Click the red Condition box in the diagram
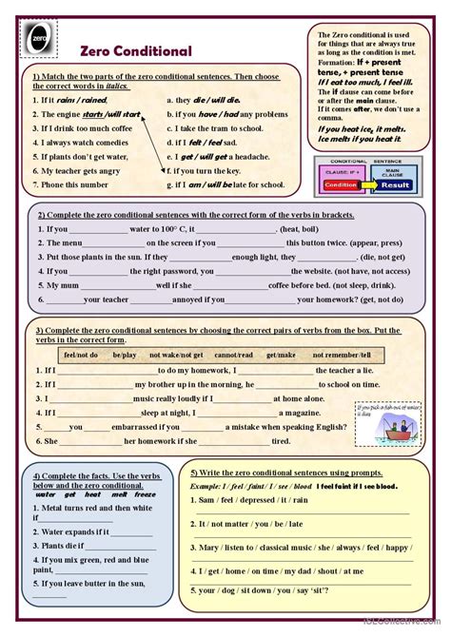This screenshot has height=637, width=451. [340, 184]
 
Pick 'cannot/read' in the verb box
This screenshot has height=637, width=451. [232, 354]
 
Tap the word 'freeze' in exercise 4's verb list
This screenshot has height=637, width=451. [145, 494]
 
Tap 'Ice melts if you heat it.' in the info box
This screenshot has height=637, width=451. [362, 139]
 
